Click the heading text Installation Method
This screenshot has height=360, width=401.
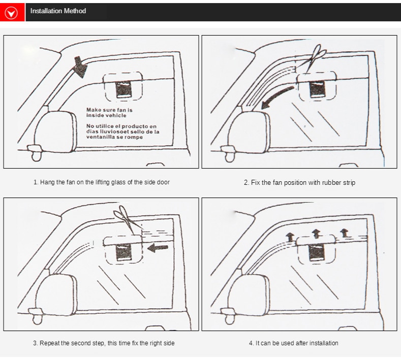coord(58,11)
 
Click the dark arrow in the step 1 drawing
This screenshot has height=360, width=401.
coord(80,66)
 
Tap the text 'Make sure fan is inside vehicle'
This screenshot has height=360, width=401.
coord(109,112)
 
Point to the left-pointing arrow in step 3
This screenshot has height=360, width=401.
coord(158,247)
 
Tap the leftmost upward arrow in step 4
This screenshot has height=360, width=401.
coord(289,237)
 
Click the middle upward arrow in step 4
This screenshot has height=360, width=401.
coord(316,233)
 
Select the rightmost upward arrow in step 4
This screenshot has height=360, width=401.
coord(344,233)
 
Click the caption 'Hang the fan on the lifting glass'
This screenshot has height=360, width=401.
coord(102,182)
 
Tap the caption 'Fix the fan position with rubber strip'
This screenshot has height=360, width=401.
coord(299,182)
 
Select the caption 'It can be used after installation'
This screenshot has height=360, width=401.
coord(293,343)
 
